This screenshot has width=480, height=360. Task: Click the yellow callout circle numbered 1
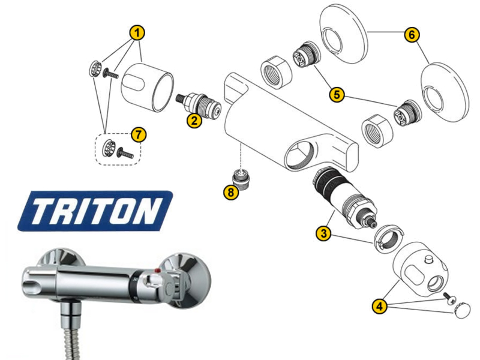(137, 33)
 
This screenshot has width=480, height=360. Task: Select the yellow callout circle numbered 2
(194, 121)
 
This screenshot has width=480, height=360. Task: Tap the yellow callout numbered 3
(324, 233)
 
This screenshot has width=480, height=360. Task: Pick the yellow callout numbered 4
(380, 306)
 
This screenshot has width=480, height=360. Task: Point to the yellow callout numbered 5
(337, 95)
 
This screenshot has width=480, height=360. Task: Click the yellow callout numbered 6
(412, 35)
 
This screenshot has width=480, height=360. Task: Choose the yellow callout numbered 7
(139, 134)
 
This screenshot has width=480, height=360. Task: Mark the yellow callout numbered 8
(231, 192)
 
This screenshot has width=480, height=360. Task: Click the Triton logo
(95, 211)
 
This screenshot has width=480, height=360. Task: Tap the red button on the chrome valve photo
(158, 271)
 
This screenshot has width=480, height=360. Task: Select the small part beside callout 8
(242, 179)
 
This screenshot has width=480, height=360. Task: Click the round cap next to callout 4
(461, 310)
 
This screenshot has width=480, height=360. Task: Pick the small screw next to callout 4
(449, 298)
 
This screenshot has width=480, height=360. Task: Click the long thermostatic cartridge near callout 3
(344, 199)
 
